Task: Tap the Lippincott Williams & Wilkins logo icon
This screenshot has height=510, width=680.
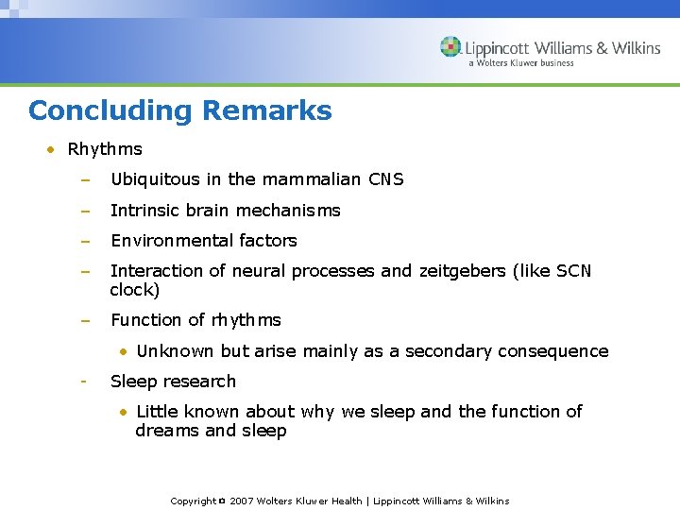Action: tap(451, 47)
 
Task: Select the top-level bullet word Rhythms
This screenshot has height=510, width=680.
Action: tap(105, 149)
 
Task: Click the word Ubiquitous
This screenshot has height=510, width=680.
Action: tap(154, 179)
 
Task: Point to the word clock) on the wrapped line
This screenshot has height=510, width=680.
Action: tap(135, 290)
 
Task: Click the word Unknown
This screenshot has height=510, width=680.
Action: tap(176, 351)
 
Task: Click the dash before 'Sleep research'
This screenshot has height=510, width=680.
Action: tap(84, 382)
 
